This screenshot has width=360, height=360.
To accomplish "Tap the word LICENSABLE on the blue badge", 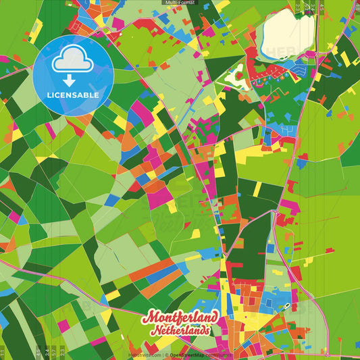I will tap(72, 95).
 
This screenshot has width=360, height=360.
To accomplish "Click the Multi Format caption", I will tap(180, 3).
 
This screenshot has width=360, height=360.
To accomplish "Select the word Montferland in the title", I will tap(180, 318).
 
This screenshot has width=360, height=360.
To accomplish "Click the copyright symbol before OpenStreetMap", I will tap(166, 355).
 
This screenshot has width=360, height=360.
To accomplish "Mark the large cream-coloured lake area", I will tap(287, 30).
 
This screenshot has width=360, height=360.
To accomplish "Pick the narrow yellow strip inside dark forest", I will tap(257, 190).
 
